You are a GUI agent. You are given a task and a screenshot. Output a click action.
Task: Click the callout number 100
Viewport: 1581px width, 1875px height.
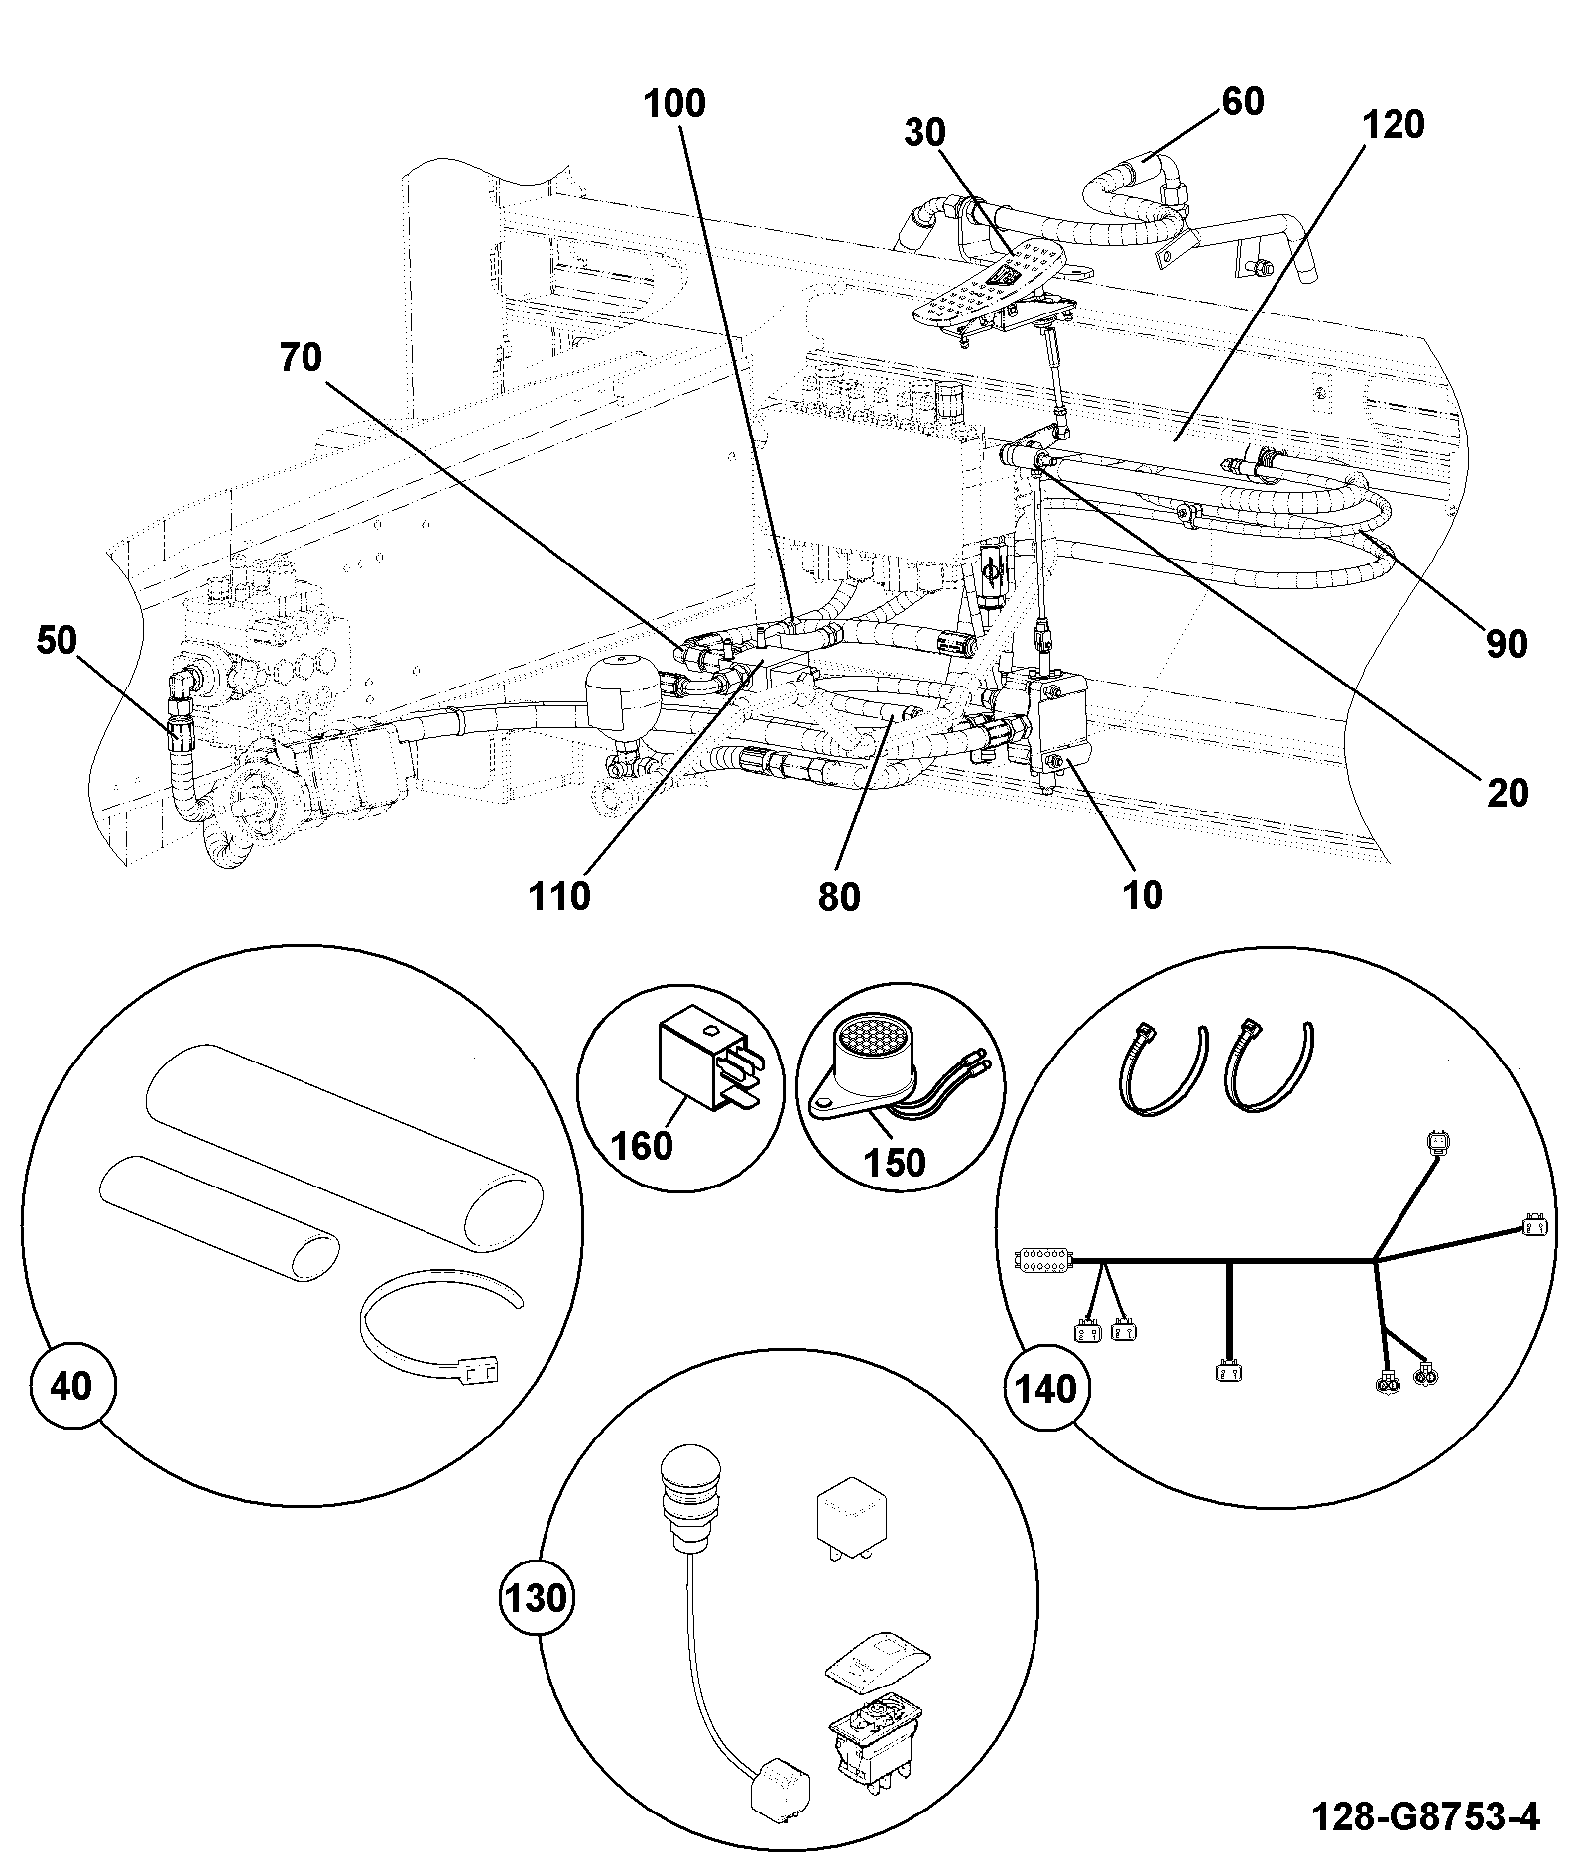(x=674, y=103)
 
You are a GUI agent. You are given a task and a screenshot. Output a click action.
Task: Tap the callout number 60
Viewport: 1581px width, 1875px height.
(x=1243, y=101)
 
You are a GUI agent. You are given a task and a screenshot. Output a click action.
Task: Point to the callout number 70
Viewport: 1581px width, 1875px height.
(x=301, y=357)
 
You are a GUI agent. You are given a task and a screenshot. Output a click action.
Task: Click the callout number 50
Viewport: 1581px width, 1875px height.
(x=57, y=641)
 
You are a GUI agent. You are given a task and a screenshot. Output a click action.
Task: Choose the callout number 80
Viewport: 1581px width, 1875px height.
(x=839, y=896)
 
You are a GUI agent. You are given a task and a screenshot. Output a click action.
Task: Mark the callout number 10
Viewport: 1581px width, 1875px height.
(x=1143, y=895)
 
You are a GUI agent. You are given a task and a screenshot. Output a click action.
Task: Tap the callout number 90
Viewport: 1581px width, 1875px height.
(x=1506, y=645)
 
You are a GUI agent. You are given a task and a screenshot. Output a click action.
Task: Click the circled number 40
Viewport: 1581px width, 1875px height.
(x=70, y=1386)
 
